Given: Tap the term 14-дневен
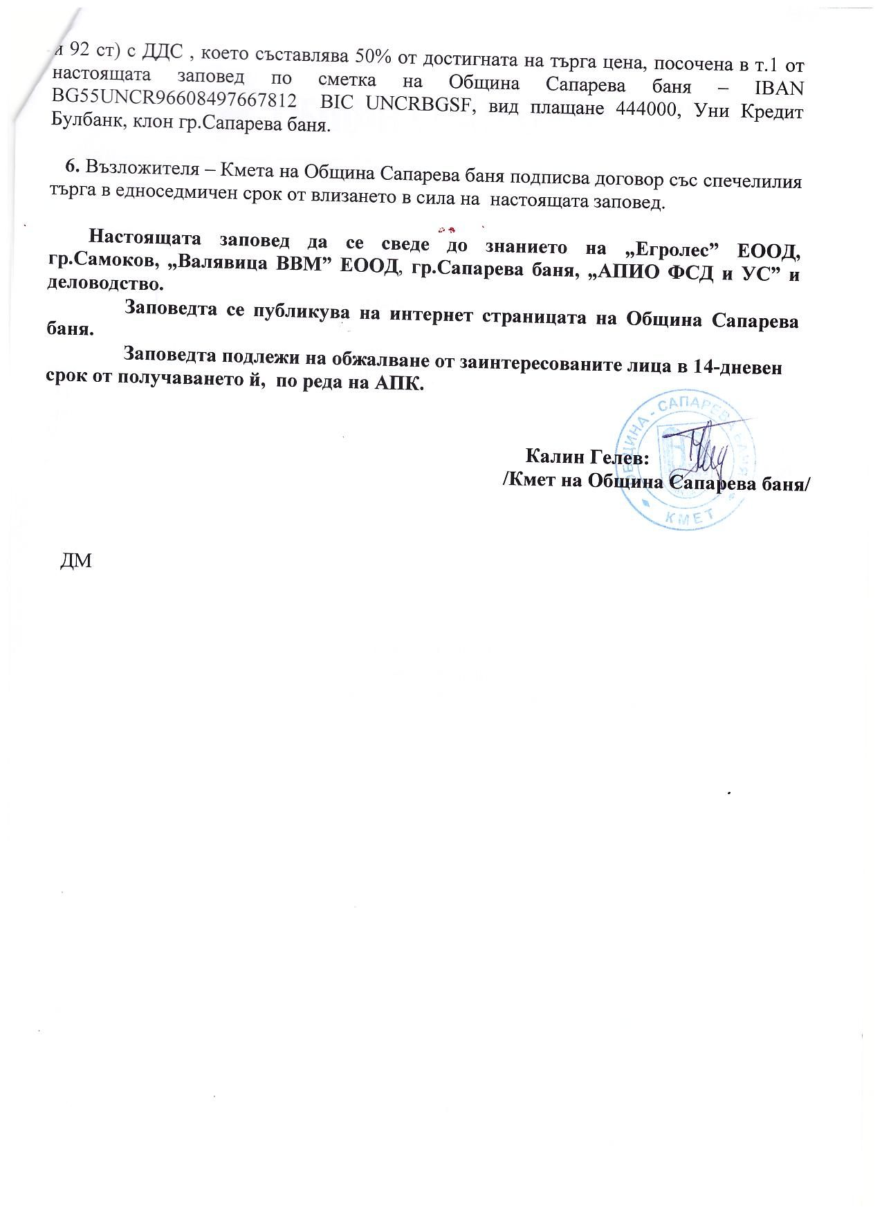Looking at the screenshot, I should pos(737,367).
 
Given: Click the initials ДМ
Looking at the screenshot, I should pos(77,560).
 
